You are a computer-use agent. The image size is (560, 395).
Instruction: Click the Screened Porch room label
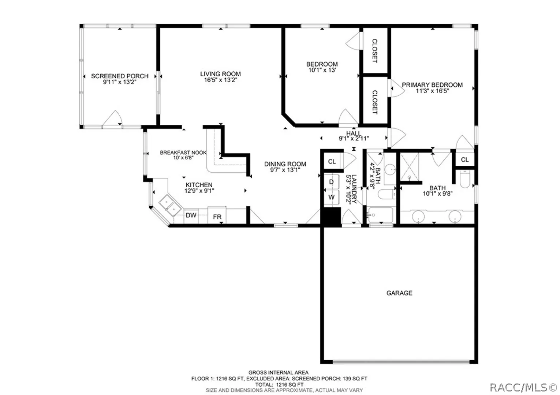pyautogui.click(x=120, y=76)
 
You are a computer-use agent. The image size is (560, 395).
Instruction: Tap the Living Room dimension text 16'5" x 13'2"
pyautogui.click(x=220, y=80)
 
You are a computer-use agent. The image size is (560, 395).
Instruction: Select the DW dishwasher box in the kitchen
pyautogui.click(x=191, y=216)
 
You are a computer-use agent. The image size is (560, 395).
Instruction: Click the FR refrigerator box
pyautogui.click(x=217, y=215)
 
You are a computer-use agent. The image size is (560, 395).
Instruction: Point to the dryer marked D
pyautogui.click(x=332, y=182)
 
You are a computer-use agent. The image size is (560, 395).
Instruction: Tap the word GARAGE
pyautogui.click(x=399, y=293)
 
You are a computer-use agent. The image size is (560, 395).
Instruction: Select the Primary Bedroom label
pyautogui.click(x=432, y=85)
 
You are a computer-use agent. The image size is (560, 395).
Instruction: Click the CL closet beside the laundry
pyautogui.click(x=332, y=162)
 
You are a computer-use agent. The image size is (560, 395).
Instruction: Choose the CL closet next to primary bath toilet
pyautogui.click(x=465, y=160)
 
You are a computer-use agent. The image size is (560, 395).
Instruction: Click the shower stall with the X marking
pyautogui.click(x=410, y=167)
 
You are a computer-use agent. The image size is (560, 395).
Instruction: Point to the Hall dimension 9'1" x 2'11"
pyautogui.click(x=354, y=138)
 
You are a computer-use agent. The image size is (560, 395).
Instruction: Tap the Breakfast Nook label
pyautogui.click(x=183, y=153)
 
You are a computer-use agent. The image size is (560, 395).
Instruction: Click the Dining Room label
pyautogui.click(x=285, y=164)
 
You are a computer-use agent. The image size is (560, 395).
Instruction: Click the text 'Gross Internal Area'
pyautogui.click(x=278, y=373)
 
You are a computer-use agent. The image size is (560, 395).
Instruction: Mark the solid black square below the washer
pyautogui.click(x=331, y=217)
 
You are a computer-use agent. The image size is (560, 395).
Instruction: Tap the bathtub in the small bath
pyautogui.click(x=380, y=215)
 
